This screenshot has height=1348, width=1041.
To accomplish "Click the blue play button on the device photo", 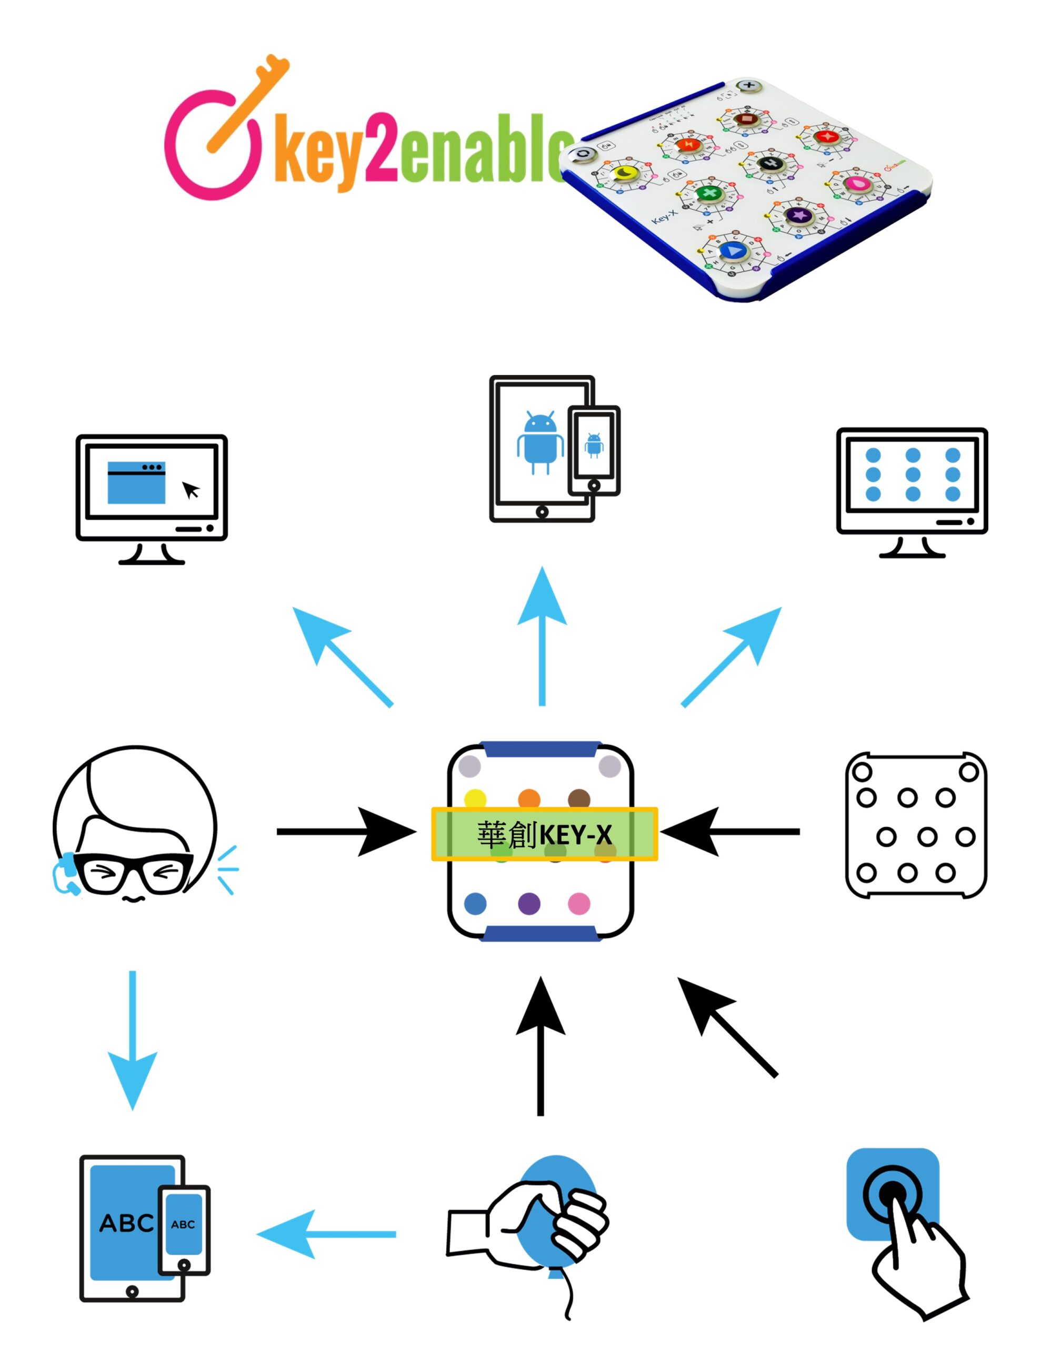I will click(733, 250).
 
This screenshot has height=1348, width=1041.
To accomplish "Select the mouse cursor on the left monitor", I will click(191, 490).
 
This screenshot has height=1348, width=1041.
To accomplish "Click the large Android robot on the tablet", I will click(540, 441).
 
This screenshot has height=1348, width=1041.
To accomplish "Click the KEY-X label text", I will click(544, 835).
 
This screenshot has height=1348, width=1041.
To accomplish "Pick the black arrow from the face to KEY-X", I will click(346, 832).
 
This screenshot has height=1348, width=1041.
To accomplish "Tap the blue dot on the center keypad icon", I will click(475, 904).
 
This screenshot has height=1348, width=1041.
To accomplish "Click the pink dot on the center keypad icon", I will click(579, 904).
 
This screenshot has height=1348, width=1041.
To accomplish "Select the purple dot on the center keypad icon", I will click(529, 904).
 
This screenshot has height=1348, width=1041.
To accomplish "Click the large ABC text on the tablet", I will click(126, 1223).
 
